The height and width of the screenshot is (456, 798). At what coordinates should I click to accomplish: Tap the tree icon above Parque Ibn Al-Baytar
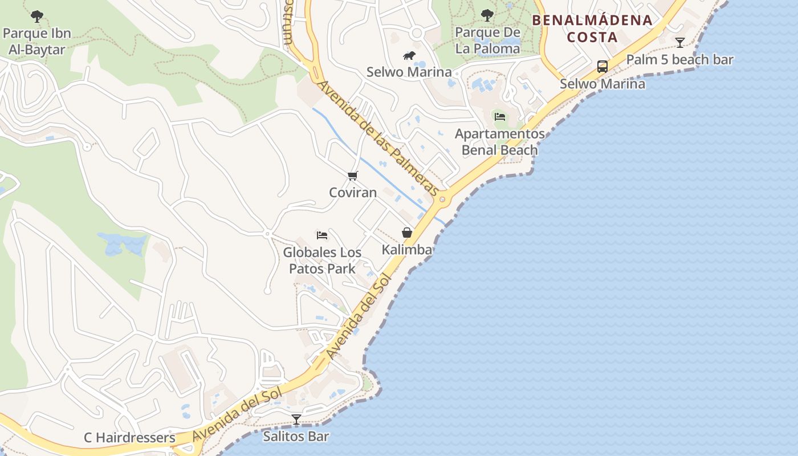[37, 16]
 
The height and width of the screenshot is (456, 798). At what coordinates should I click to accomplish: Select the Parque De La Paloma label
[487, 40]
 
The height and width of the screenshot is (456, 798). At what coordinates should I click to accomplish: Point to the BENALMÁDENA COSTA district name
[592, 28]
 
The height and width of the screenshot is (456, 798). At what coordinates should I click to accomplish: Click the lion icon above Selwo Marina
[409, 55]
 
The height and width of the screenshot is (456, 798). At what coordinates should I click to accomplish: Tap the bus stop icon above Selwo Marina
[602, 67]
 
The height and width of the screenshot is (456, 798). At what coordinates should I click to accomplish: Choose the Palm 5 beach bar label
[679, 59]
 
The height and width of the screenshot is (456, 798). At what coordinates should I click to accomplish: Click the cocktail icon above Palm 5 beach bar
[679, 42]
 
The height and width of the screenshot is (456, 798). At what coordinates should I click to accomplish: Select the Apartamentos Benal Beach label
[500, 142]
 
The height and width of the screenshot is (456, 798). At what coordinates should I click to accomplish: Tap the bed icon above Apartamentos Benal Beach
[500, 117]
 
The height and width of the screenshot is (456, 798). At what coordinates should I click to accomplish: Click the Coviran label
[353, 192]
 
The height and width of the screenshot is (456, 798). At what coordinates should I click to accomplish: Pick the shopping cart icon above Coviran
[353, 176]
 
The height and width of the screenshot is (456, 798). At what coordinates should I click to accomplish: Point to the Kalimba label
[407, 250]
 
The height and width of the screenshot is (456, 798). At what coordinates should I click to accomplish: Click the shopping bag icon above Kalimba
[407, 233]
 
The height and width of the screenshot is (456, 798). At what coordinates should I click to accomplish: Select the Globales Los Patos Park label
[322, 260]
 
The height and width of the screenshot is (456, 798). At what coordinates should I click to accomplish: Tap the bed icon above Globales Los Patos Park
[322, 235]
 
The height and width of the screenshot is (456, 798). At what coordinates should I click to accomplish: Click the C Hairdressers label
[129, 438]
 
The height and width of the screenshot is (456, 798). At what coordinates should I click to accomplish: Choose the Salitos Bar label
[296, 437]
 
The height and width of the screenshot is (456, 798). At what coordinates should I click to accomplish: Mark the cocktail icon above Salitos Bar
[296, 420]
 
